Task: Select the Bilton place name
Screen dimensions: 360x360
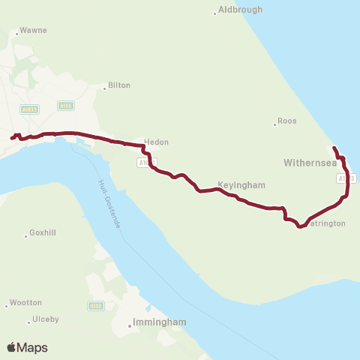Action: [119, 85]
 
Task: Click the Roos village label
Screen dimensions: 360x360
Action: [287, 121]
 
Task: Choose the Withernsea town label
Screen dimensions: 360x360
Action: [309, 163]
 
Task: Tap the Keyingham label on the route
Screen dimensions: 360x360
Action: [241, 184]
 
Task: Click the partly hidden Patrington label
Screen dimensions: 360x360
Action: [327, 223]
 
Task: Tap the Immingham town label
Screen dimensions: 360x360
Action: [159, 322]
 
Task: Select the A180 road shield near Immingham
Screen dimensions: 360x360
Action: [95, 306]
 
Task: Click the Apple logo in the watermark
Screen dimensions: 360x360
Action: [11, 347]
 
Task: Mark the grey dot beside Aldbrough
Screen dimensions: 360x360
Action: [214, 10]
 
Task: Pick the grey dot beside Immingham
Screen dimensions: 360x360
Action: [128, 326]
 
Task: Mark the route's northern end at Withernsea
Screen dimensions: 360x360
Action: [334, 147]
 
